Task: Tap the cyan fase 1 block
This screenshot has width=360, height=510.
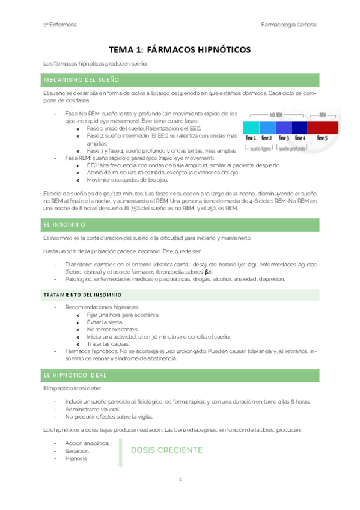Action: [x=251, y=127]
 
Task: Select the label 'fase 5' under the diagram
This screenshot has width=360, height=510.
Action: [x=322, y=138]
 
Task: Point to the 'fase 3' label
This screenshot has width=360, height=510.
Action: [x=284, y=138]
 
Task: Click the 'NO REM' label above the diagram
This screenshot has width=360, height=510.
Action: [x=276, y=114]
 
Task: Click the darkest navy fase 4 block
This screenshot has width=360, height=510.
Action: [x=299, y=127]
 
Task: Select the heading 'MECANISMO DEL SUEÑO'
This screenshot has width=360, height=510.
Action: [x=81, y=79]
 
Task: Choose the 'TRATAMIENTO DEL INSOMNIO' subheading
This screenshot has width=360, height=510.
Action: [x=82, y=295]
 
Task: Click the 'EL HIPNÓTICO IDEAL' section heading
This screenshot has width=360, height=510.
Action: [x=75, y=375]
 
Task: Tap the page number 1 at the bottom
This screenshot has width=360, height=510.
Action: [x=180, y=479]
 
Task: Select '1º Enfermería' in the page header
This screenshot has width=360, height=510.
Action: [x=59, y=25]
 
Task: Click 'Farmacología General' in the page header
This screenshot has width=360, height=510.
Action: [x=289, y=25]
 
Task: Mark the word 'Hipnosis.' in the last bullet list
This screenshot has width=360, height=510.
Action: [x=76, y=458]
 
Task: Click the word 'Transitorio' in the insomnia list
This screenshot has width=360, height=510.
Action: [x=78, y=264]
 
